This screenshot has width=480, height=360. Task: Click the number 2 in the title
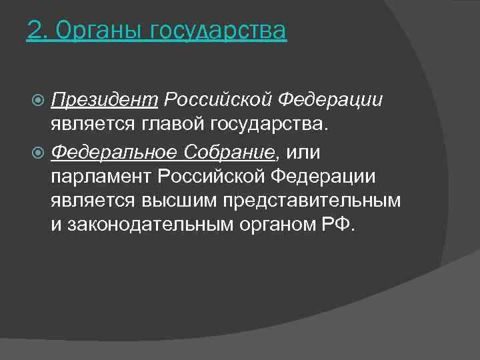[x=33, y=31]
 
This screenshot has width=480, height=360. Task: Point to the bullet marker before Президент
[x=39, y=101]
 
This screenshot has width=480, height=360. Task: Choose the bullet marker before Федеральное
[x=39, y=153]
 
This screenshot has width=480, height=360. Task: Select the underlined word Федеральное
[x=114, y=153]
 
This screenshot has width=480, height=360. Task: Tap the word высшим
[x=181, y=201]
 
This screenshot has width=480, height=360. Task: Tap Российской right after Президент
[x=218, y=100]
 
